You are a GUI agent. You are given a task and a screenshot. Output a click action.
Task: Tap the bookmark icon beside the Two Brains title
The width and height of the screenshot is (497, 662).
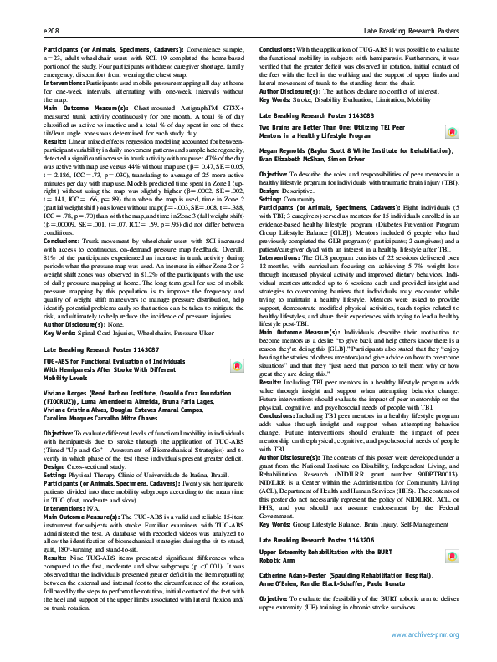click(450, 131)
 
